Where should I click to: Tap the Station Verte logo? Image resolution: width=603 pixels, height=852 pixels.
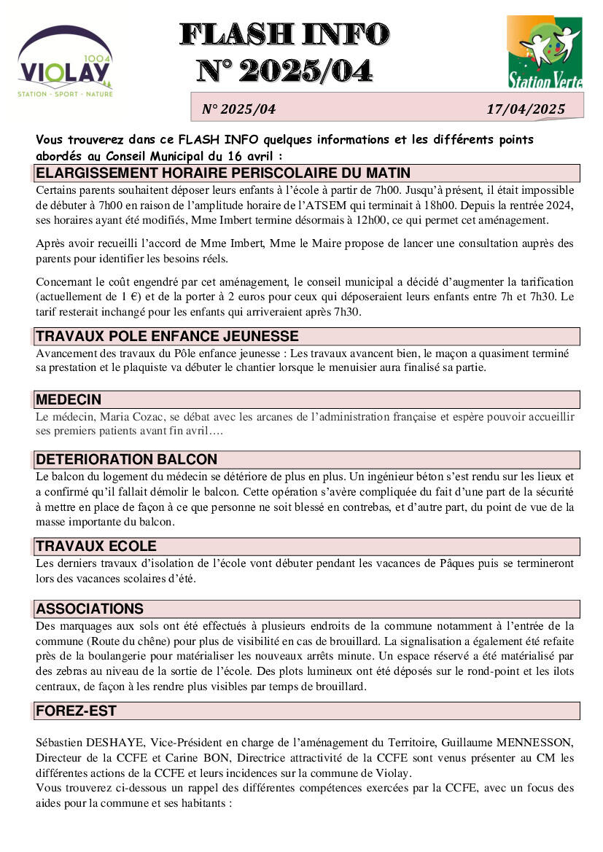[545, 52]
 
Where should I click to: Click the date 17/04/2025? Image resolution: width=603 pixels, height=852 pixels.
[526, 109]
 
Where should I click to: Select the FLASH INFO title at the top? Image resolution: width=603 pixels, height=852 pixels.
[284, 34]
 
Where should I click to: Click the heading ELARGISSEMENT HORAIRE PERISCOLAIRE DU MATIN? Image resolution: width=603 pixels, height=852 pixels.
[223, 173]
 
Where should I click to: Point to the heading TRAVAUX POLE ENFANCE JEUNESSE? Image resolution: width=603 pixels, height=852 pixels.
[167, 336]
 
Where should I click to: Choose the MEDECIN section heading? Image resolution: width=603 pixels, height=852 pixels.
[69, 399]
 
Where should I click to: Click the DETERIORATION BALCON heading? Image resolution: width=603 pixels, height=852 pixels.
[126, 459]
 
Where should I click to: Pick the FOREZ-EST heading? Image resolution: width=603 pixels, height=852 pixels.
[76, 711]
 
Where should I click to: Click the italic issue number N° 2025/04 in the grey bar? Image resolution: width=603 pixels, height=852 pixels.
[238, 109]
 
